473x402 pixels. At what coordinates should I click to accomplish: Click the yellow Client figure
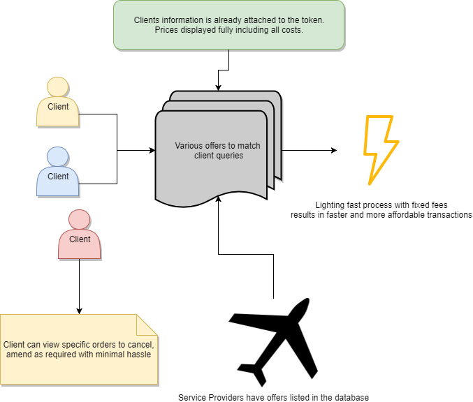pos(57,102)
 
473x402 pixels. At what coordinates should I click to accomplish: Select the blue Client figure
pos(57,172)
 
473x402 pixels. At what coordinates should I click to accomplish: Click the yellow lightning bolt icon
pos(381,150)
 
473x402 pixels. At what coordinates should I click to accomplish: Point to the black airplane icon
pos(273,343)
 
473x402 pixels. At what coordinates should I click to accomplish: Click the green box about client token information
pos(228,25)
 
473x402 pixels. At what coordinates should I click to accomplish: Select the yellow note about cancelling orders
pos(79,350)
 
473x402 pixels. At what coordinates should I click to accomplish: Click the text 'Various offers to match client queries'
pos(218,150)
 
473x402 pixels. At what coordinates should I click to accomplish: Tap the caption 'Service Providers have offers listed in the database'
pos(273,398)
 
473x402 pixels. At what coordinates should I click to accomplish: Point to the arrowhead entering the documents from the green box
pos(218,88)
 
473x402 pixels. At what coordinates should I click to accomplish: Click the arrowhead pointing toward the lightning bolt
pos(334,150)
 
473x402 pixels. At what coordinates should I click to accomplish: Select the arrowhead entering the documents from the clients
pos(152,150)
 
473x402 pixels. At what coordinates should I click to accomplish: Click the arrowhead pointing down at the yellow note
pos(79,311)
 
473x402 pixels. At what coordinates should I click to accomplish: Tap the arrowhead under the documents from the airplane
pos(218,199)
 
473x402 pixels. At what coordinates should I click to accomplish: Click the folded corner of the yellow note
pos(147,325)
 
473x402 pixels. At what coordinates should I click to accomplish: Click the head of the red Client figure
pos(80,220)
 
